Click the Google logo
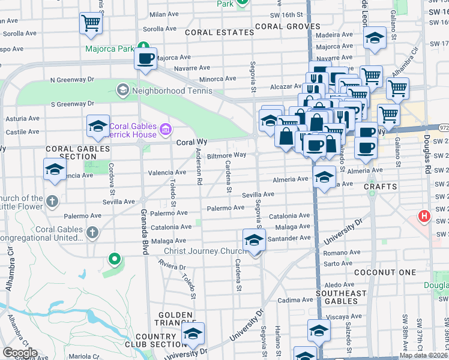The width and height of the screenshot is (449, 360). (19, 353)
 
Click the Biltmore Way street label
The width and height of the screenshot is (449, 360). (226, 155)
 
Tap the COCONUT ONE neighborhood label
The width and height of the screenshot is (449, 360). (393, 272)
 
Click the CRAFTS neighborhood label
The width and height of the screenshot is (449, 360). (381, 187)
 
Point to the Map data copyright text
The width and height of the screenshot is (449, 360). (423, 355)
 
